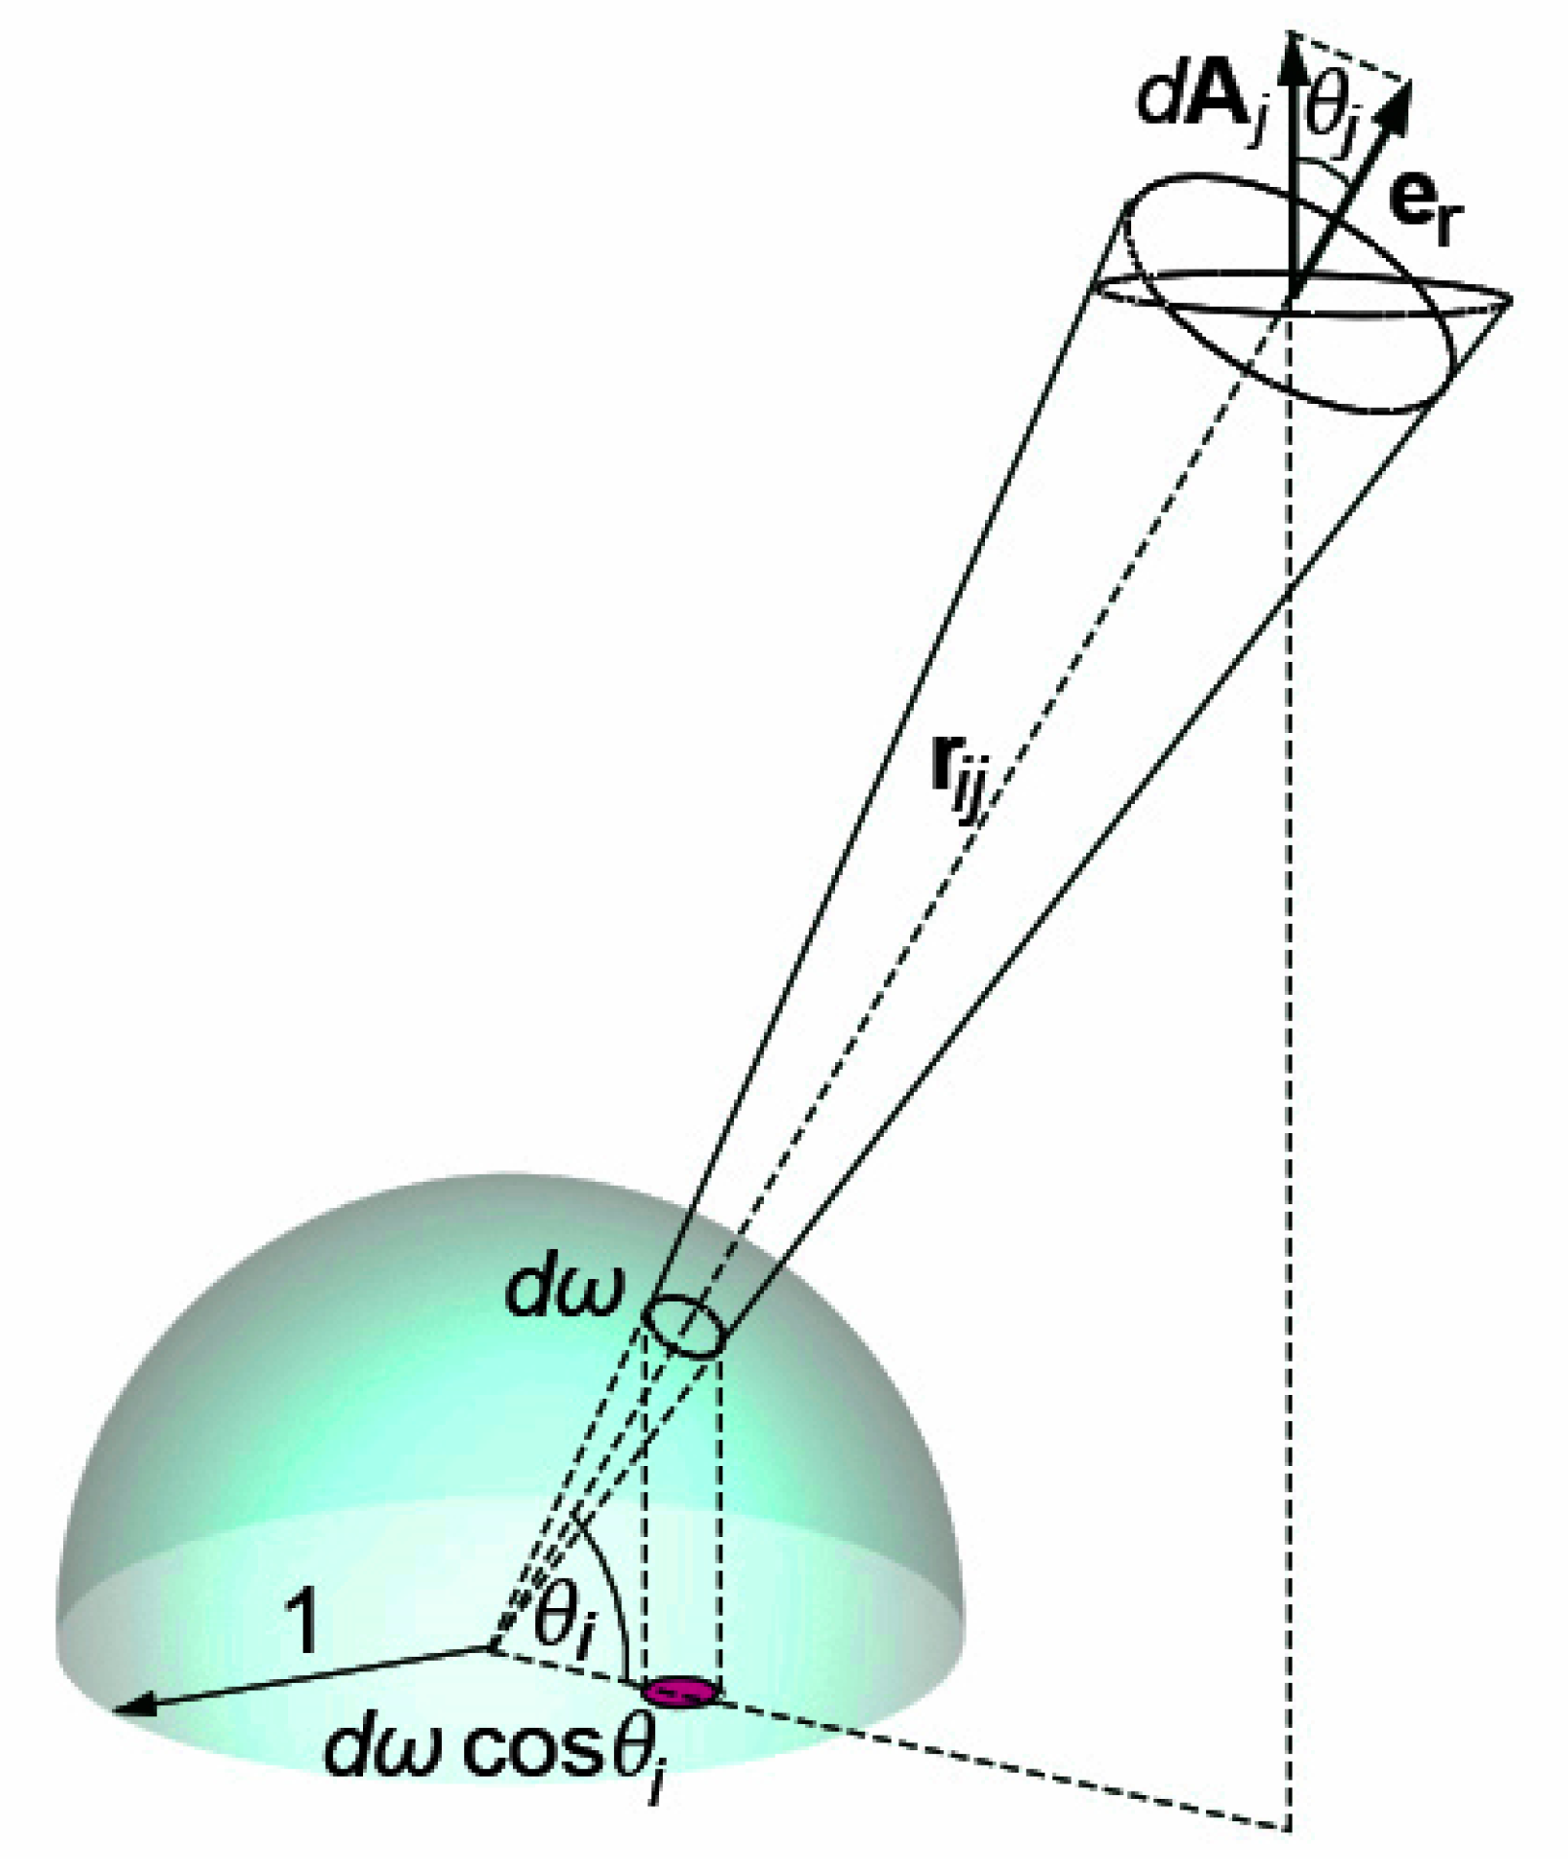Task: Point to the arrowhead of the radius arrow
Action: pos(131,1706)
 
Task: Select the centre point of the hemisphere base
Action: pos(490,1648)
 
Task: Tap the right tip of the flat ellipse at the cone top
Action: pos(1512,299)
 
